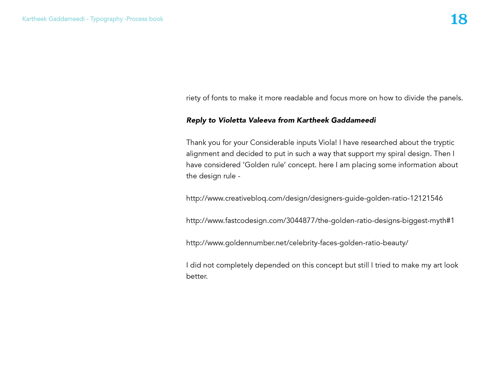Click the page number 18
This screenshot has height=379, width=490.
pos(459,19)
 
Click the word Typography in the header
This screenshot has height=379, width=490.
pos(106,19)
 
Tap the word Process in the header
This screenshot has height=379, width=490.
pos(137,19)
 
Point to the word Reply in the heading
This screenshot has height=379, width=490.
pos(196,120)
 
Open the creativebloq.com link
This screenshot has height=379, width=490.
pos(314,198)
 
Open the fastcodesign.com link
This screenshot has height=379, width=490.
pos(320,220)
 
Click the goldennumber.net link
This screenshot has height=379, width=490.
pos(297,243)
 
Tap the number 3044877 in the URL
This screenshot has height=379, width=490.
pos(300,220)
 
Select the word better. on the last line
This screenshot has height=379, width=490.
pos(197,276)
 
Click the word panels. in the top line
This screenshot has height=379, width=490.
pos(451,98)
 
